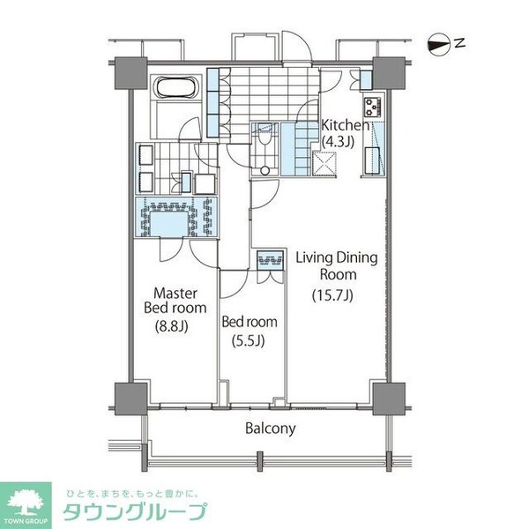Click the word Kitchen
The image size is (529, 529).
pos(338,125)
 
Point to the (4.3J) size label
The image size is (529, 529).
pos(337,141)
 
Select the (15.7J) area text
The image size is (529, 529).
pos(332,295)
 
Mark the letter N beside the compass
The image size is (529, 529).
pos(459,41)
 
